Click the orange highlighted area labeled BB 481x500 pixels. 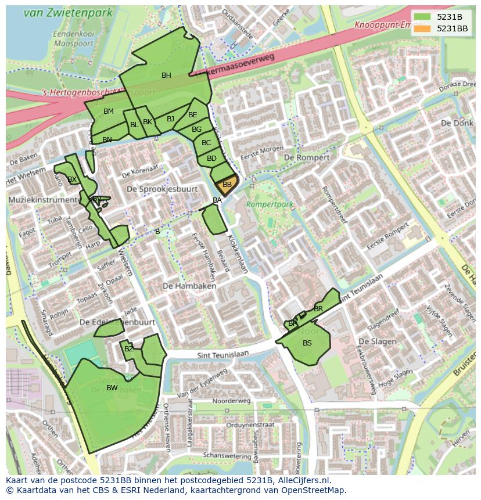coord(227,184)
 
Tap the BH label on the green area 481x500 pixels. coord(166,75)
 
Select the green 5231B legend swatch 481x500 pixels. coord(422,17)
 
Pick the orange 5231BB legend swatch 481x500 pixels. coord(422,28)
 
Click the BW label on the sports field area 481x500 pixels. coord(112,388)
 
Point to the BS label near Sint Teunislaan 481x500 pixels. coord(307,343)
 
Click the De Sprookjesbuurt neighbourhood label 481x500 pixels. coord(162,189)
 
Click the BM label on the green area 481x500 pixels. coord(109,111)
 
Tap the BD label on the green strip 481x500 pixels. coord(211,159)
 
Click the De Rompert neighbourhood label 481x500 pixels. coord(307,157)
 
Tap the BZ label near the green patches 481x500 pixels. coord(129,348)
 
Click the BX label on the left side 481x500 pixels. coord(72,179)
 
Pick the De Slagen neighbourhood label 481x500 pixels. coord(377,341)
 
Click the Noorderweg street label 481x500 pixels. coord(231,401)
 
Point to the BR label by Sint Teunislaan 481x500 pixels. coord(318,309)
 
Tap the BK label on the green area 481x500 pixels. coord(148,122)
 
